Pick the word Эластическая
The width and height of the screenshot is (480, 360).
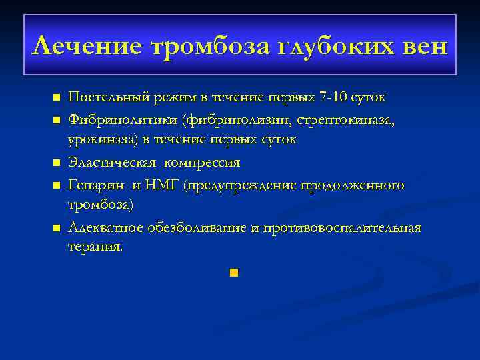point(105,162)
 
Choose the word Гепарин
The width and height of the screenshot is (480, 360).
point(91,183)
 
